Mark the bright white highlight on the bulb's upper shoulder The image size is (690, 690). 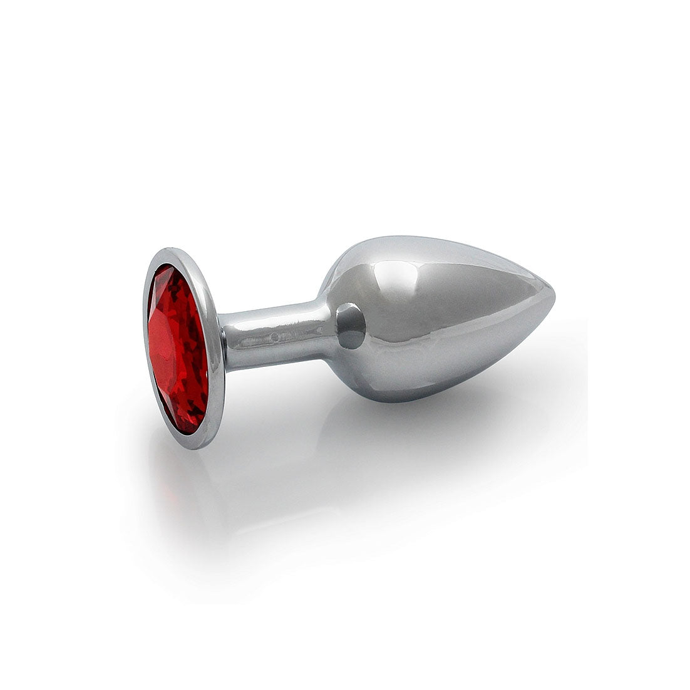[401, 263]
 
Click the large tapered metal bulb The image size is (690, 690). [438, 313]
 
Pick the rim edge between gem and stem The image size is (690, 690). [216, 351]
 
